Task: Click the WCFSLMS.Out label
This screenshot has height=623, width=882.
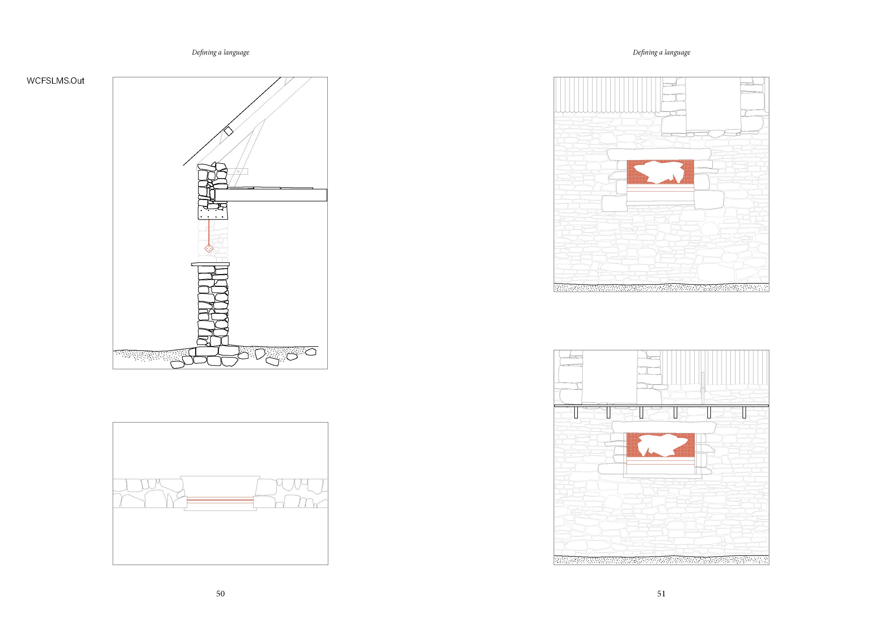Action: pyautogui.click(x=55, y=81)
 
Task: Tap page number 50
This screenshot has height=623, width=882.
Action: pyautogui.click(x=220, y=593)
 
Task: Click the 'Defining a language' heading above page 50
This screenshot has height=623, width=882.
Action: pyautogui.click(x=221, y=52)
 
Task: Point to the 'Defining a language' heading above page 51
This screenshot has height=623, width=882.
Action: pyautogui.click(x=661, y=52)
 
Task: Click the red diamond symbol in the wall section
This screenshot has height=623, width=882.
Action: pyautogui.click(x=209, y=248)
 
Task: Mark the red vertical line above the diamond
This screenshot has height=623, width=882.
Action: pyautogui.click(x=209, y=230)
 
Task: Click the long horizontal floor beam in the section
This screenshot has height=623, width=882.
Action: pyautogui.click(x=271, y=195)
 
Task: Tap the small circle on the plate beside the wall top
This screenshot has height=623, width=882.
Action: pyautogui.click(x=238, y=172)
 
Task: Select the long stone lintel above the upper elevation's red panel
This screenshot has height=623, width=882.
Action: pyautogui.click(x=659, y=154)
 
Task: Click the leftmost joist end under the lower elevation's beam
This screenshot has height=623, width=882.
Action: pyautogui.click(x=576, y=413)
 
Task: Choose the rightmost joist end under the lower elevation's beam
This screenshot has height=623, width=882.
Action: pyautogui.click(x=744, y=413)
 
